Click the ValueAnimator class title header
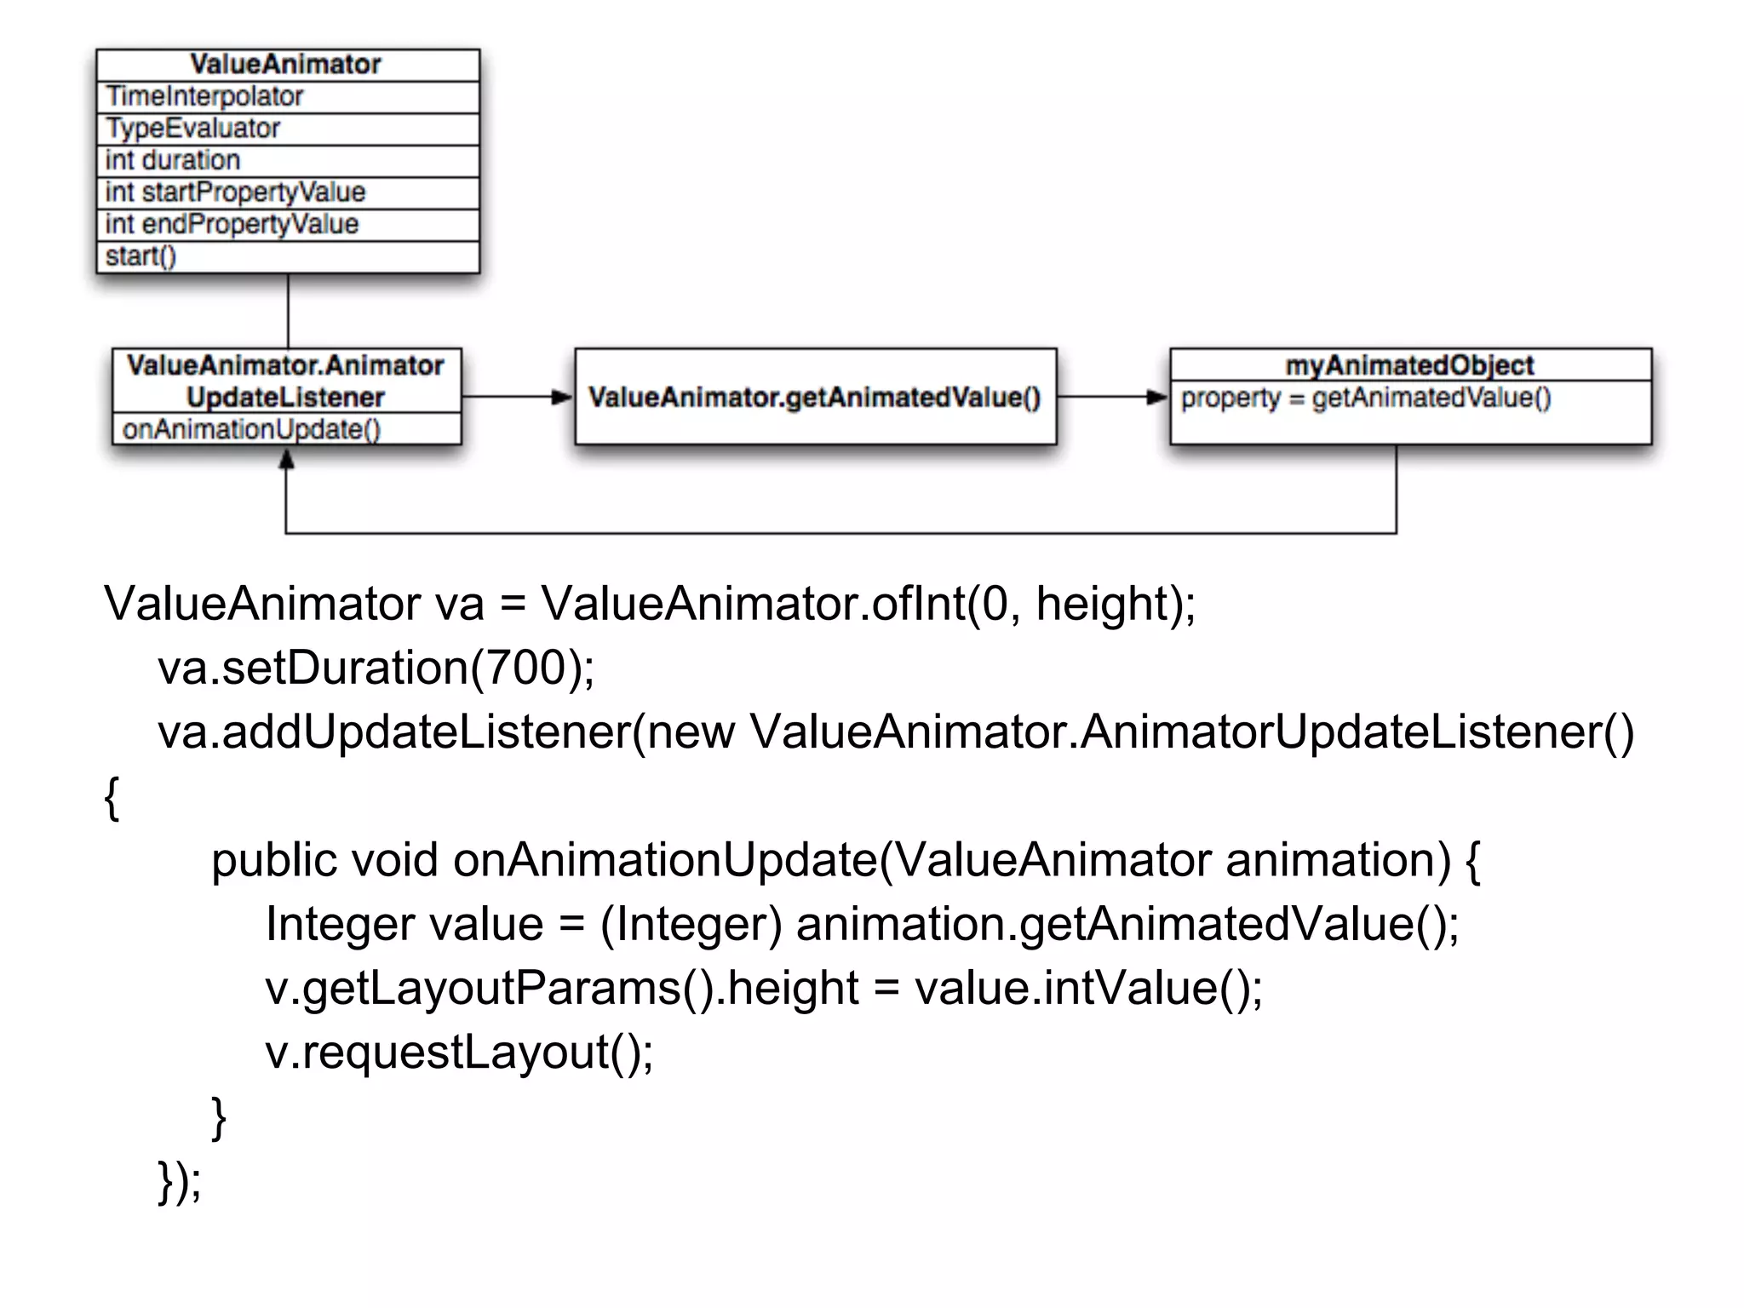point(286,65)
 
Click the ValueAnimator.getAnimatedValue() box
point(815,398)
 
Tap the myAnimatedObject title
point(1409,365)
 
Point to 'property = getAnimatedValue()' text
point(1366,398)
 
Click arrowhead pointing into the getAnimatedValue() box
point(562,397)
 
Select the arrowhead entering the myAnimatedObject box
point(1157,397)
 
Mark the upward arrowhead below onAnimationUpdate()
point(287,460)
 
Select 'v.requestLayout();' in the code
point(459,1053)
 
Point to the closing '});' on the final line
point(180,1180)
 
